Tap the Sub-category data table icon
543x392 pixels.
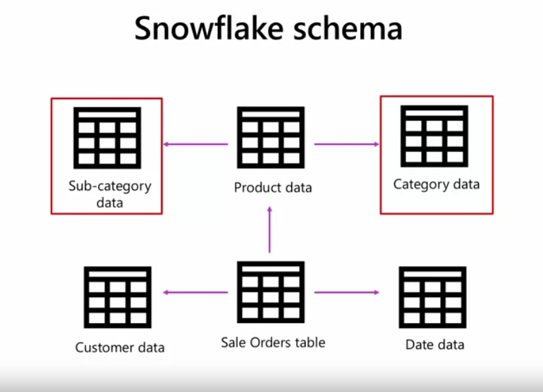(107, 138)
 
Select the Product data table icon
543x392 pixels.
(271, 138)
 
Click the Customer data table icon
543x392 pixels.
(117, 297)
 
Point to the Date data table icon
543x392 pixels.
(433, 297)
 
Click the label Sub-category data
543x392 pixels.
(109, 194)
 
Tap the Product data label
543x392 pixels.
(273, 188)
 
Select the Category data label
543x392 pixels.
(436, 184)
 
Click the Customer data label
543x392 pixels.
(120, 347)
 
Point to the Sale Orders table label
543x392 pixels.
(273, 343)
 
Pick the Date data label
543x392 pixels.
(434, 345)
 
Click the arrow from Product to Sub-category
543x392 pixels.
(196, 144)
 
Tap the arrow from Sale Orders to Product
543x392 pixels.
(269, 229)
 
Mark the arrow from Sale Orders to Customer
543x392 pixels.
(196, 292)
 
